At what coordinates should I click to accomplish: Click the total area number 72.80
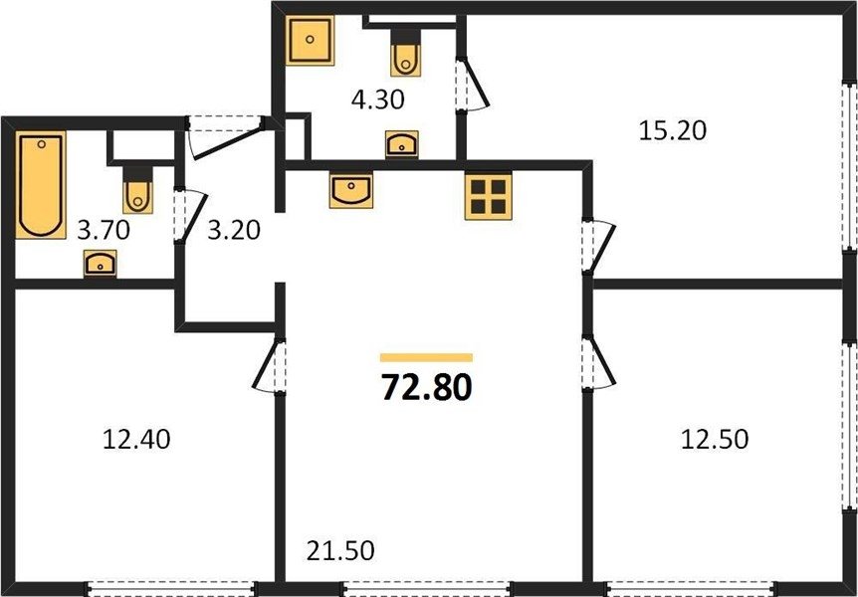426,387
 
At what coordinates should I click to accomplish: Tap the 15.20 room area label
673,130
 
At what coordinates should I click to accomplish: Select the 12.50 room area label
714,439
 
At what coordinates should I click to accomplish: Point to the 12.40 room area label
136,439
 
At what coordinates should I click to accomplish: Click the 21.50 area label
340,550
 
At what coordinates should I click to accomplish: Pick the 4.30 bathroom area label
377,100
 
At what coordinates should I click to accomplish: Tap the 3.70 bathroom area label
104,231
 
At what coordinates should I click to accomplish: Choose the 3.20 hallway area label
234,231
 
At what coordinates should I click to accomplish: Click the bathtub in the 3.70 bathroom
41,185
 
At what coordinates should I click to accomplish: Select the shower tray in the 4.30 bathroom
310,40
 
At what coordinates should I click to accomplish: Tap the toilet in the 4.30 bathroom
405,53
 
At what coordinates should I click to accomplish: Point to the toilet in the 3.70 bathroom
138,189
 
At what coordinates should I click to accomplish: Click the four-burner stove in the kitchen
488,196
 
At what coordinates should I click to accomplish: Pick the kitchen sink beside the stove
350,190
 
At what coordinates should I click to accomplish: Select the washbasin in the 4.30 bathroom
402,144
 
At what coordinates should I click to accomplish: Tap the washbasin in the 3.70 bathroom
101,264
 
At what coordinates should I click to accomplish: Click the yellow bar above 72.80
426,358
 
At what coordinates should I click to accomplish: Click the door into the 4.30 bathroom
472,84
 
